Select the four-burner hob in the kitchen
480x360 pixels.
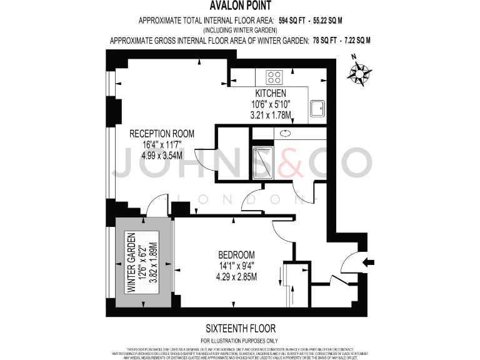pyautogui.click(x=274, y=77)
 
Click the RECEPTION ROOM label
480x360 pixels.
pyautogui.click(x=162, y=134)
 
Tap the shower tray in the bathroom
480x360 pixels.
pyautogui.click(x=263, y=162)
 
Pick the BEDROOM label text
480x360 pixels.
pyautogui.click(x=236, y=255)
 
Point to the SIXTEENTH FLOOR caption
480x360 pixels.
pyautogui.click(x=240, y=328)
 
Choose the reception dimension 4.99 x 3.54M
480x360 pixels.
pyautogui.click(x=162, y=155)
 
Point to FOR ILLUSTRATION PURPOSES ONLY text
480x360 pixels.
pyautogui.click(x=240, y=339)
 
